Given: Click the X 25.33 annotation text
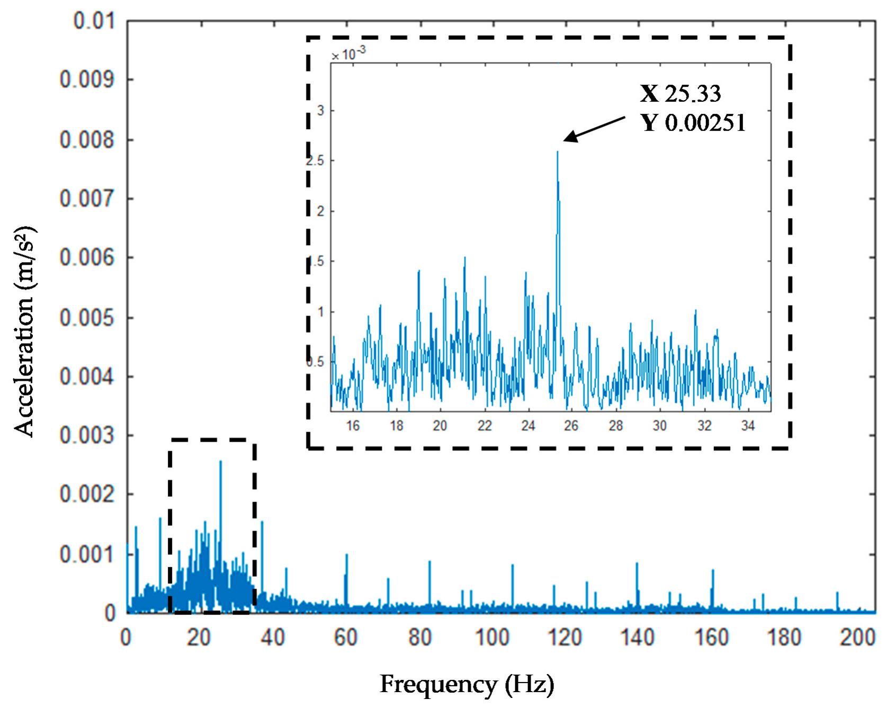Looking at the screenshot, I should coord(681,94).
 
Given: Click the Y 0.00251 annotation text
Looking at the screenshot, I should coord(694,123).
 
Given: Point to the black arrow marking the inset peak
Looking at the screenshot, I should coord(593,130).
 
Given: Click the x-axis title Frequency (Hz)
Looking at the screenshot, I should coord(467,685).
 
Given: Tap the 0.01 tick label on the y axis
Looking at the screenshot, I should coord(94,23).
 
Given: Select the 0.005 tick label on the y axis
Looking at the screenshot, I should coord(86,318).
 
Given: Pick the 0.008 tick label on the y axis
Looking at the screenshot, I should coord(86,140).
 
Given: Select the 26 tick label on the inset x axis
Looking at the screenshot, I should coord(571,426).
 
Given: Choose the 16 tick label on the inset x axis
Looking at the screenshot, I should coord(353,426).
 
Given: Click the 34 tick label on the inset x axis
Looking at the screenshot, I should coord(747,426).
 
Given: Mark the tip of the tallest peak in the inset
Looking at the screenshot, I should coord(557,151).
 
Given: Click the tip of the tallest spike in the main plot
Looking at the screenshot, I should coord(220,461).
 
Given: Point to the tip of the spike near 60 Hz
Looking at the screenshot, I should coord(346,554).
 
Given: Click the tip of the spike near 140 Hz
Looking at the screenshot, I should coord(637,563).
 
